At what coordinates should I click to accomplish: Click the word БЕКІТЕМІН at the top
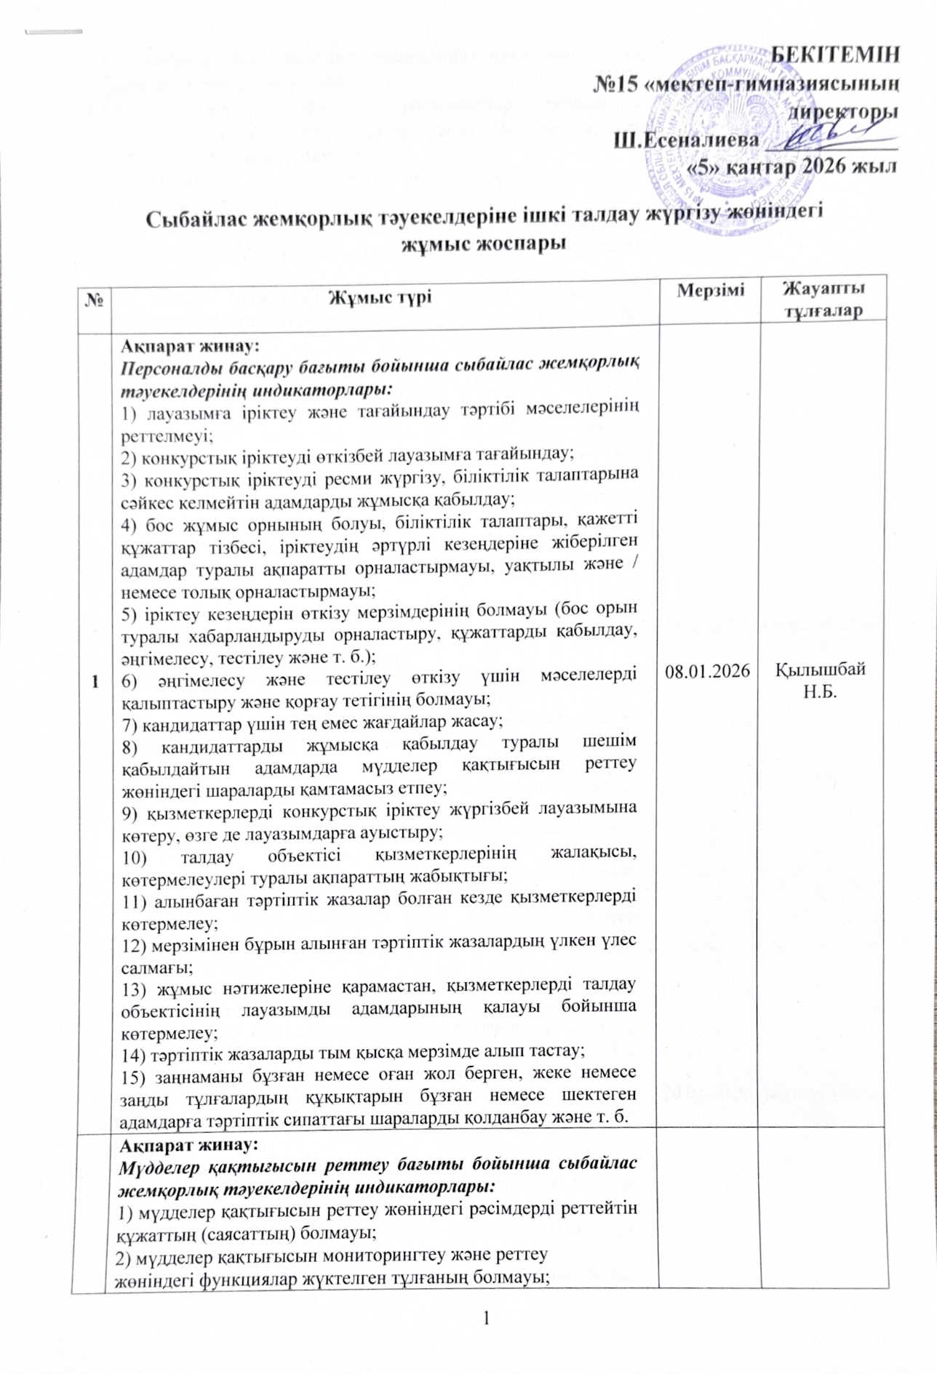[834, 55]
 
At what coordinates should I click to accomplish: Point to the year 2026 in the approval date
[826, 166]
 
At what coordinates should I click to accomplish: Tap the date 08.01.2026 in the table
[709, 672]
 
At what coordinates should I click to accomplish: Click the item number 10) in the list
[135, 856]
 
